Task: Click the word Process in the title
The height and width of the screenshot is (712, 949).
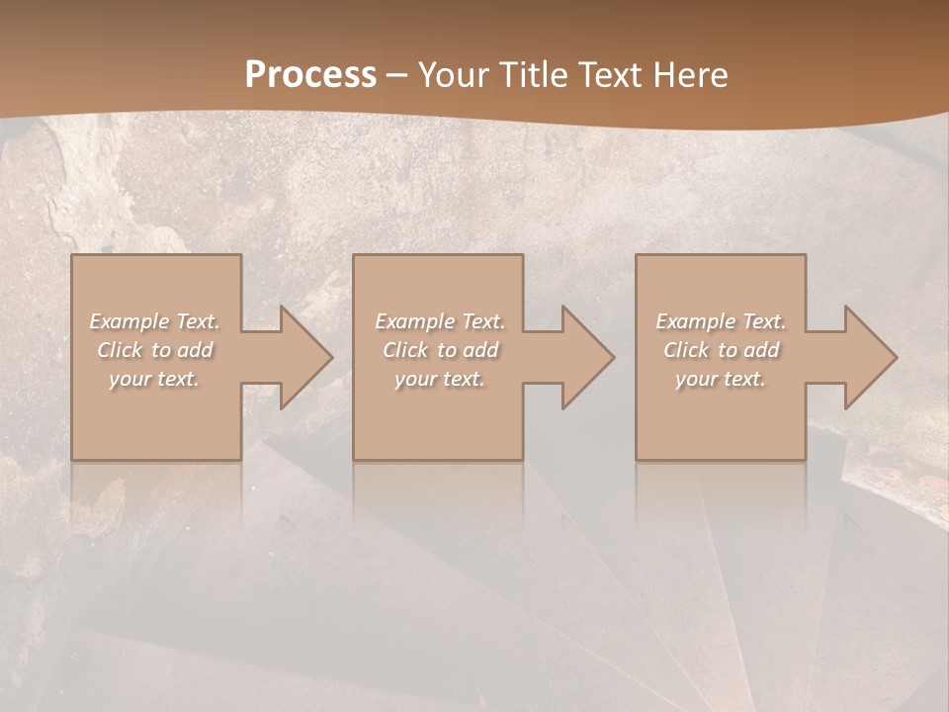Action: (310, 75)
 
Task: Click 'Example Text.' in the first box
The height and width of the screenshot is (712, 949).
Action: (155, 321)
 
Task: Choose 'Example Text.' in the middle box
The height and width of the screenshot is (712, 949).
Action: (440, 321)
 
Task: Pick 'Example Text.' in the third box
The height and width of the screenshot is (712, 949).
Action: (721, 321)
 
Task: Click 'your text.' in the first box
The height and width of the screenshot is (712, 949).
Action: (154, 379)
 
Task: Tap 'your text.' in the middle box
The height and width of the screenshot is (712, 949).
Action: (440, 379)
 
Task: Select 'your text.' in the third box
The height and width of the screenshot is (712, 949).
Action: (721, 379)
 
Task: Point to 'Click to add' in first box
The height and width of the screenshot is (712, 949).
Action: (155, 350)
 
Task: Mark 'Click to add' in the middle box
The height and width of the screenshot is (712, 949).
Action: (440, 350)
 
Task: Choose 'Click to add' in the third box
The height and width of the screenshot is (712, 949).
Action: (721, 350)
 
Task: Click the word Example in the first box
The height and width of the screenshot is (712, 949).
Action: (129, 321)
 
